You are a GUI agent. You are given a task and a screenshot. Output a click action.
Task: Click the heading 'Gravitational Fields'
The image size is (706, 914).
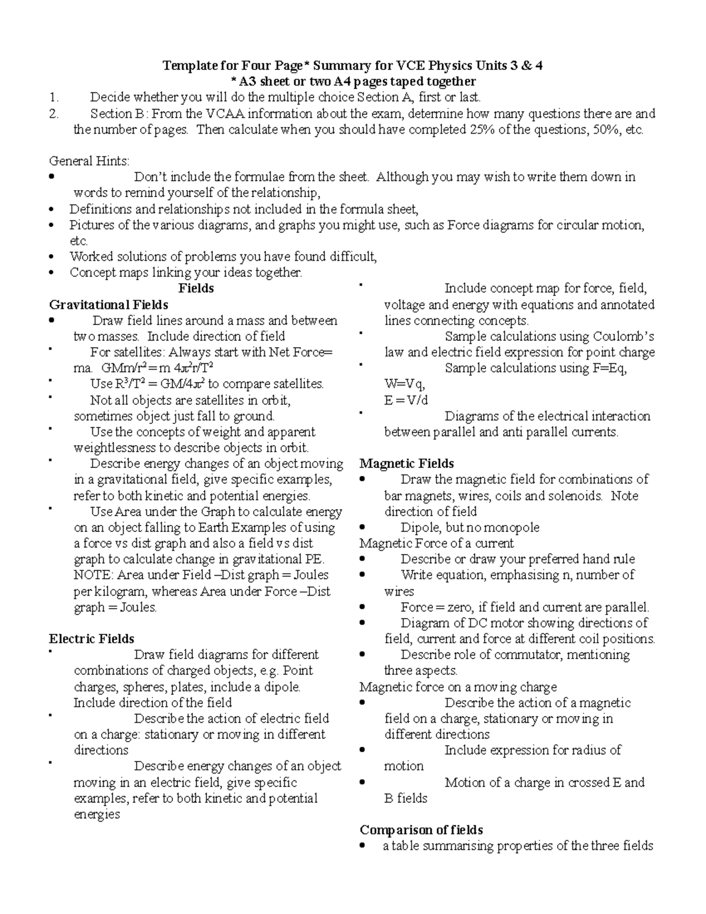[x=108, y=305]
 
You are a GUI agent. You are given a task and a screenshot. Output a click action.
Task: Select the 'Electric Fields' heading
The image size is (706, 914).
[x=91, y=639]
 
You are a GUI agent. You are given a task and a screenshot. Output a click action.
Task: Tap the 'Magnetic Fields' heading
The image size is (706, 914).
[x=407, y=463]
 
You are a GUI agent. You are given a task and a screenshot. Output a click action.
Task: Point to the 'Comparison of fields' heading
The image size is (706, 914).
[x=421, y=830]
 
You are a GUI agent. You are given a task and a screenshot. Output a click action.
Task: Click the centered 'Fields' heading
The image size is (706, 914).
[x=196, y=288]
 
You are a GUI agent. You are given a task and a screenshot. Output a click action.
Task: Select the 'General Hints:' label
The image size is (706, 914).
[x=89, y=161]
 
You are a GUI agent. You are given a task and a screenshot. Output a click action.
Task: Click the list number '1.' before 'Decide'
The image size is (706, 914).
[x=54, y=97]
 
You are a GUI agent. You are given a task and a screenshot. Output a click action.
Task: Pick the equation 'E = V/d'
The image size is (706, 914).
[x=406, y=400]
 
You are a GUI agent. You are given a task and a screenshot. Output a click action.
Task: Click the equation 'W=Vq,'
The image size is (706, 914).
[x=404, y=384]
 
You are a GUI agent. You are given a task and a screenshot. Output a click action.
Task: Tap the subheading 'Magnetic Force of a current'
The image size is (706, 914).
[x=437, y=543]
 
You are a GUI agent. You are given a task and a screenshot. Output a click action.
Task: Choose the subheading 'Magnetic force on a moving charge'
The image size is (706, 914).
[x=458, y=687]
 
